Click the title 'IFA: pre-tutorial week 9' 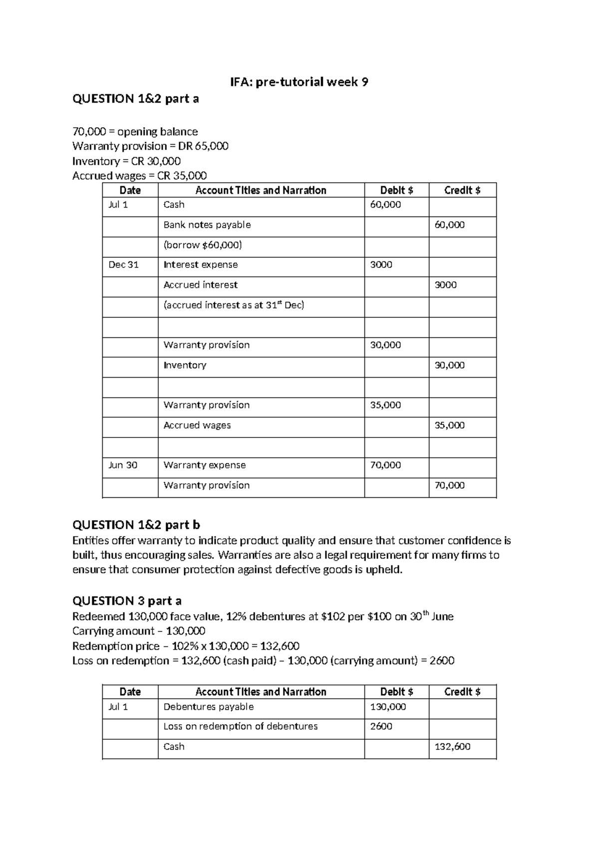point(299,82)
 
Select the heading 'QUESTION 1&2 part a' point(135,99)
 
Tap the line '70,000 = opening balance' point(135,132)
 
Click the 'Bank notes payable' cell point(207,225)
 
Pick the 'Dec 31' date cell point(123,265)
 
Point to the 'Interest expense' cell point(201,265)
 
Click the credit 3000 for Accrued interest point(445,285)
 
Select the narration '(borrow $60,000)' point(203,245)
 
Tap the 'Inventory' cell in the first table point(185,365)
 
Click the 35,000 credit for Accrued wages point(449,425)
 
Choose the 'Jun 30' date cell point(123,465)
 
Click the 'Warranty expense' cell point(205,465)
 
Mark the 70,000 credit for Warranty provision point(449,485)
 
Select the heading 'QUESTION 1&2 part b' point(136,525)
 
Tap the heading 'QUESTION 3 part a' point(127,601)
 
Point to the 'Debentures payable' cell point(209,707)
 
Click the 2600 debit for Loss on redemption point(381,726)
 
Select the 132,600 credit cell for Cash point(452,747)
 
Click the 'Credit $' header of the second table point(462,692)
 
